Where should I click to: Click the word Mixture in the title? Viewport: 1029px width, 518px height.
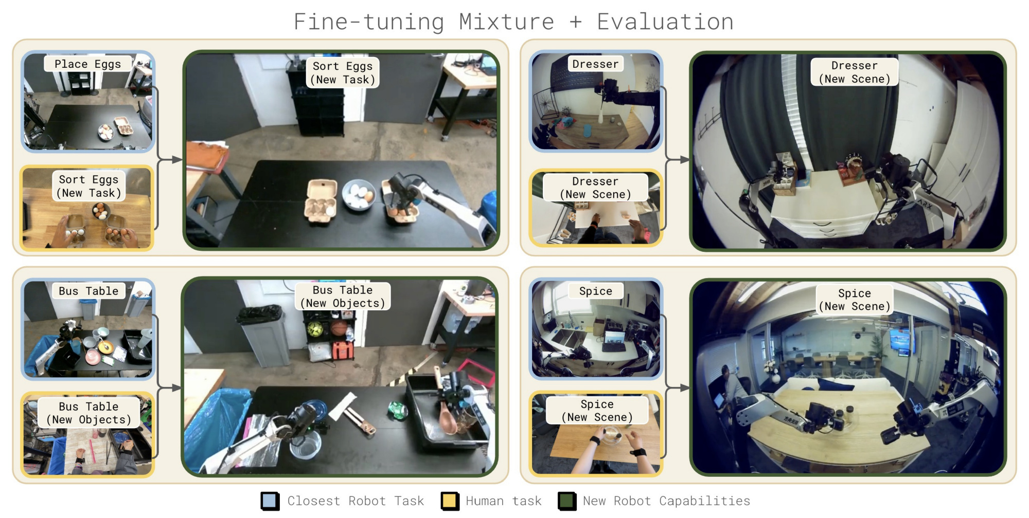(506, 22)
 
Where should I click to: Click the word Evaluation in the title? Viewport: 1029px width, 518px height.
(665, 22)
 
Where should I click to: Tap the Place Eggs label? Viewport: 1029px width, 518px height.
(87, 64)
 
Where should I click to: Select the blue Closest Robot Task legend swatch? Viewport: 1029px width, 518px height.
(270, 501)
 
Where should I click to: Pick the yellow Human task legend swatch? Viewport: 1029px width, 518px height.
(450, 501)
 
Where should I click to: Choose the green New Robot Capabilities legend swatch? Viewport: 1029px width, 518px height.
(567, 501)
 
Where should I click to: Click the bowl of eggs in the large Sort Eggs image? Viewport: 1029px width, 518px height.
(359, 195)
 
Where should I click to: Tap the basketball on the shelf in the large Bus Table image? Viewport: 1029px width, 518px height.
(338, 328)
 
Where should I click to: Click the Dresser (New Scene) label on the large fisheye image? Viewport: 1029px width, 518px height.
(855, 72)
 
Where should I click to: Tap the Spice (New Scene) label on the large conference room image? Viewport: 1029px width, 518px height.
(855, 300)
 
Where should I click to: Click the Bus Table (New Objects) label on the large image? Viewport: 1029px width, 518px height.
(343, 297)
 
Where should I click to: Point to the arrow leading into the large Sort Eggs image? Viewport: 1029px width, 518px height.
(170, 160)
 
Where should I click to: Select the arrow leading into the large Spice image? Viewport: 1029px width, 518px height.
(678, 388)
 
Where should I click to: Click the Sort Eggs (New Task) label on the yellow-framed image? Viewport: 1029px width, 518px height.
(88, 186)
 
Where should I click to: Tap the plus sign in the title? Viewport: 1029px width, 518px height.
(575, 22)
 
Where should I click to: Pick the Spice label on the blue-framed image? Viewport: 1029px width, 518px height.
(596, 291)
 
